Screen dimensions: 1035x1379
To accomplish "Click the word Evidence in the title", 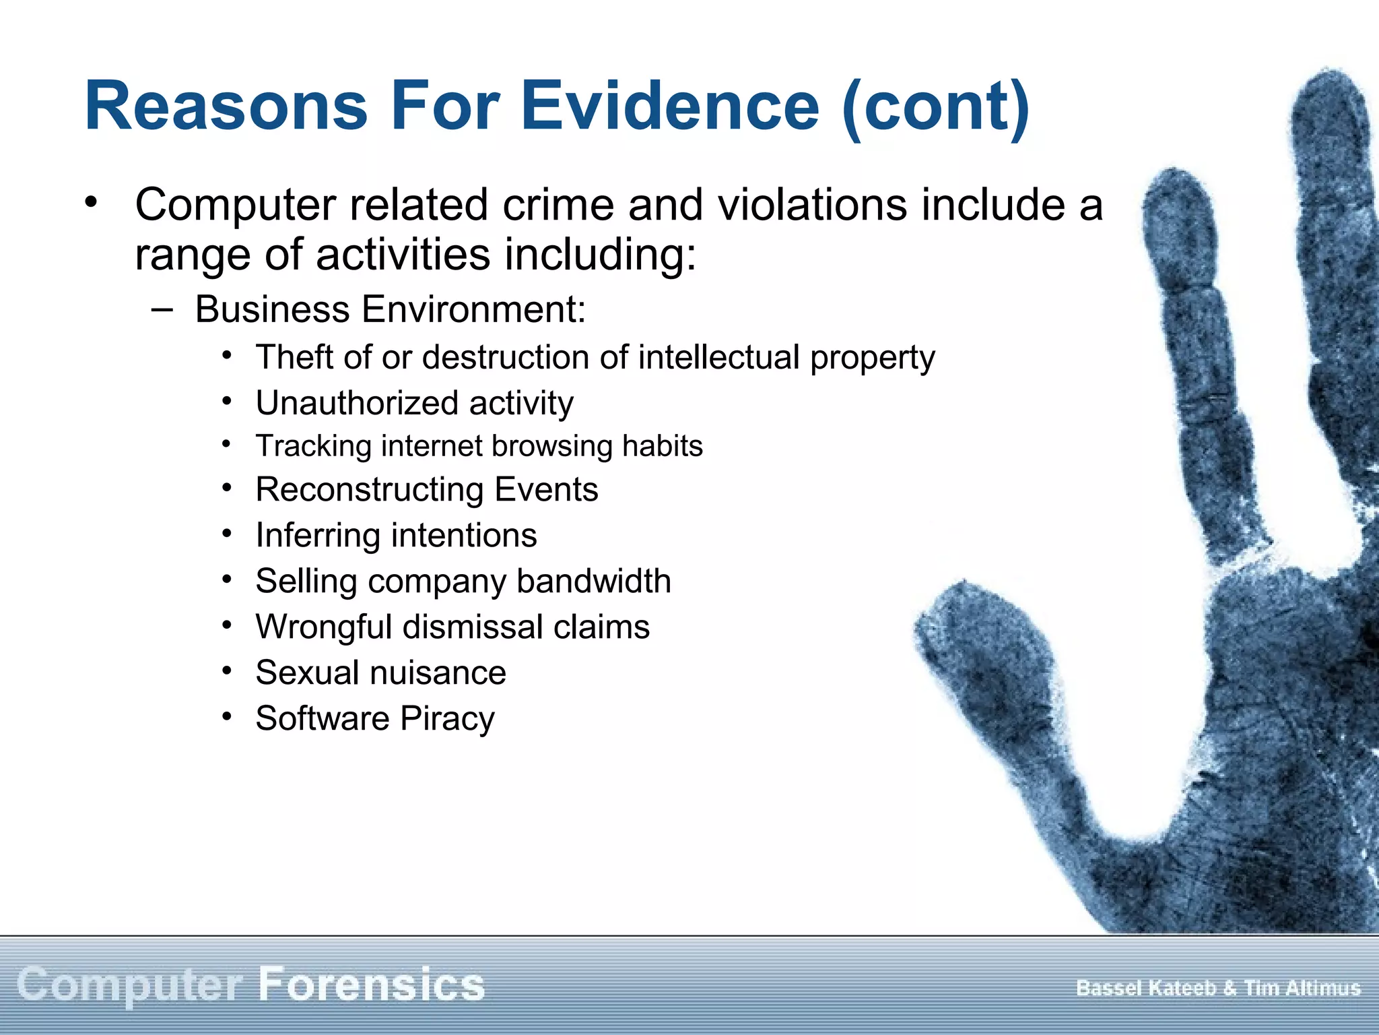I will click(x=669, y=106).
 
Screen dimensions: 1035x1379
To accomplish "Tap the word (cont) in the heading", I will click(x=936, y=108).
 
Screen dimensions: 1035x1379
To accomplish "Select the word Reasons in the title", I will click(x=226, y=106).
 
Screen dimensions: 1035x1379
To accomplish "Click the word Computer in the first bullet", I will click(x=236, y=205).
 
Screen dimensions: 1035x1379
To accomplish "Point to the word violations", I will click(x=812, y=205).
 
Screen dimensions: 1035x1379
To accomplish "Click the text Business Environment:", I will click(x=391, y=310).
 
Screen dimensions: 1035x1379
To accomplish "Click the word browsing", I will click(x=552, y=447).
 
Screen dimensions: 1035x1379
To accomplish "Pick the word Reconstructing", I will click(x=369, y=490).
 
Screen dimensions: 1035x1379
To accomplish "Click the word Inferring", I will click(x=318, y=536).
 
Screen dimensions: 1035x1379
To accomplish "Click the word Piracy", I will click(x=447, y=719).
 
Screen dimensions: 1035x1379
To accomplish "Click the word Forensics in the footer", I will click(x=372, y=985).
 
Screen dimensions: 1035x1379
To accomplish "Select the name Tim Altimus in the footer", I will click(x=1302, y=989).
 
